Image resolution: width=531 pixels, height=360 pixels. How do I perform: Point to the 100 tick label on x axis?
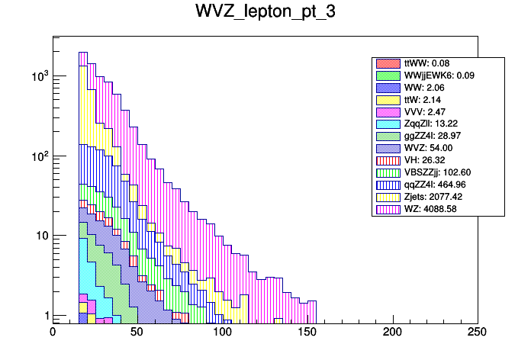[222, 333]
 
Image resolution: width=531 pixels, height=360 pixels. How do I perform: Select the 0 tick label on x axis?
[53, 333]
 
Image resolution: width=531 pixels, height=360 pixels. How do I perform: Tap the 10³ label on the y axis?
[37, 76]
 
